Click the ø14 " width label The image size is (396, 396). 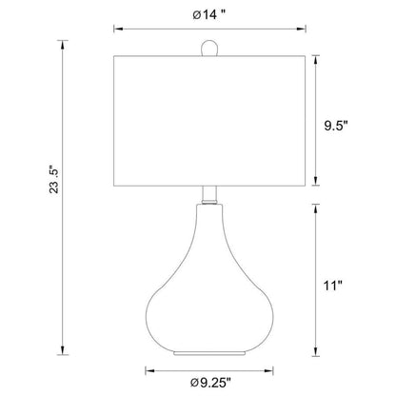point(209,14)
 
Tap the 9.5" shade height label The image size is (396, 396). point(336,127)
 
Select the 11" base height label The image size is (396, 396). point(333,286)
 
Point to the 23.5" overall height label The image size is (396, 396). point(54,179)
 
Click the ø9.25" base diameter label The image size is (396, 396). point(210,383)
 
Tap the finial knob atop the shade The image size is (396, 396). point(209,48)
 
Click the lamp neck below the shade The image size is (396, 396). point(209,195)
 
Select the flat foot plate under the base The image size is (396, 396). point(209,353)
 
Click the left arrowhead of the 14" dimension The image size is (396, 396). point(118,29)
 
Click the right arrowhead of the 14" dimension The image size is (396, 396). point(301,29)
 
